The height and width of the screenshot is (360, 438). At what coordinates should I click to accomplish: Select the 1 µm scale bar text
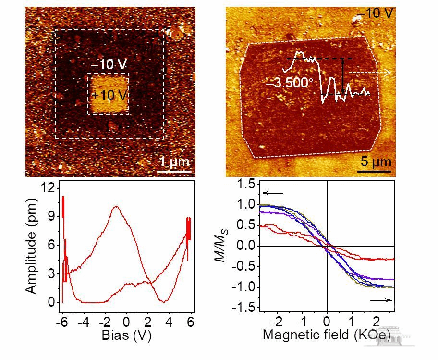[x=174, y=161]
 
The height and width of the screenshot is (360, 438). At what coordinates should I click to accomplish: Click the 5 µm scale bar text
[x=376, y=161]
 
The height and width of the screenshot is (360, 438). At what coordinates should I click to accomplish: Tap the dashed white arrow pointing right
[x=370, y=73]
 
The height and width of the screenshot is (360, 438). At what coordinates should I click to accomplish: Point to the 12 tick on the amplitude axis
[x=46, y=188]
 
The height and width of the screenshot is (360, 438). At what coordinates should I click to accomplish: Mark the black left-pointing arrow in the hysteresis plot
[x=272, y=193]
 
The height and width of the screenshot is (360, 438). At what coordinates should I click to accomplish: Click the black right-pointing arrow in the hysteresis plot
[x=381, y=300]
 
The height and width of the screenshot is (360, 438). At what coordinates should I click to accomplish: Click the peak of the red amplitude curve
[x=116, y=207]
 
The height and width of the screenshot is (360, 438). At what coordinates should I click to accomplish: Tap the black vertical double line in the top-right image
[x=342, y=75]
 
